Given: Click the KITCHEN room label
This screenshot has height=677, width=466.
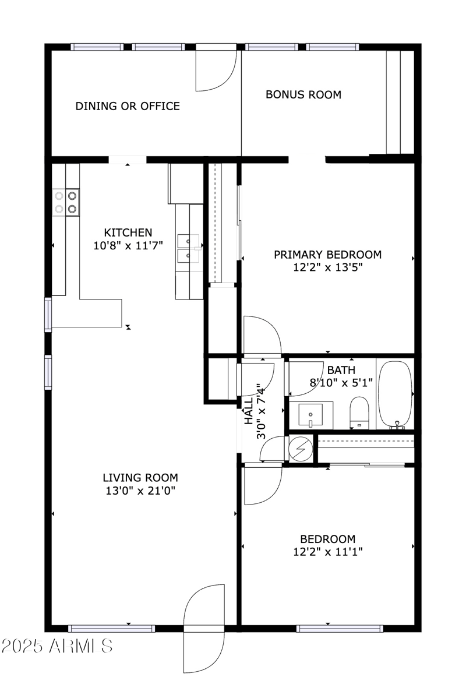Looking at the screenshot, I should (128, 232).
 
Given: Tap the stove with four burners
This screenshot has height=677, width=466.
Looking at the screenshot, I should (66, 202).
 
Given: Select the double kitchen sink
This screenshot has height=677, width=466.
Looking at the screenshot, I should (189, 248).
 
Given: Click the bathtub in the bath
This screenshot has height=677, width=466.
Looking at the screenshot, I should (396, 394).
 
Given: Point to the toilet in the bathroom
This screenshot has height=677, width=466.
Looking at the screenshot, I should (359, 412).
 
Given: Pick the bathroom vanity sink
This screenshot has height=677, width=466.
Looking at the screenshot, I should (310, 414).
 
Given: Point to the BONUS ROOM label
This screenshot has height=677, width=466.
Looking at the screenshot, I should (303, 94).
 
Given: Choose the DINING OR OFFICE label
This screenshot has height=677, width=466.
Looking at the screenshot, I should (128, 106).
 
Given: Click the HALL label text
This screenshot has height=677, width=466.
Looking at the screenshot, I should (249, 411).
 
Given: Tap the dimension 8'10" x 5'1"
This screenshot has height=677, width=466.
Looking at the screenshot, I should (341, 383).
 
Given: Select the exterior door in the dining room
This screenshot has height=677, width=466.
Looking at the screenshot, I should (216, 68).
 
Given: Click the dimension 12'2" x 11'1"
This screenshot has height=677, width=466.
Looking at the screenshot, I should (328, 552).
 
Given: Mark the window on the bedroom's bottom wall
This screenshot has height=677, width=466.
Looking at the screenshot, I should (339, 629).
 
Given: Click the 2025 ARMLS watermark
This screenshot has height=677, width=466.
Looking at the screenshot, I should (57, 646).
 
